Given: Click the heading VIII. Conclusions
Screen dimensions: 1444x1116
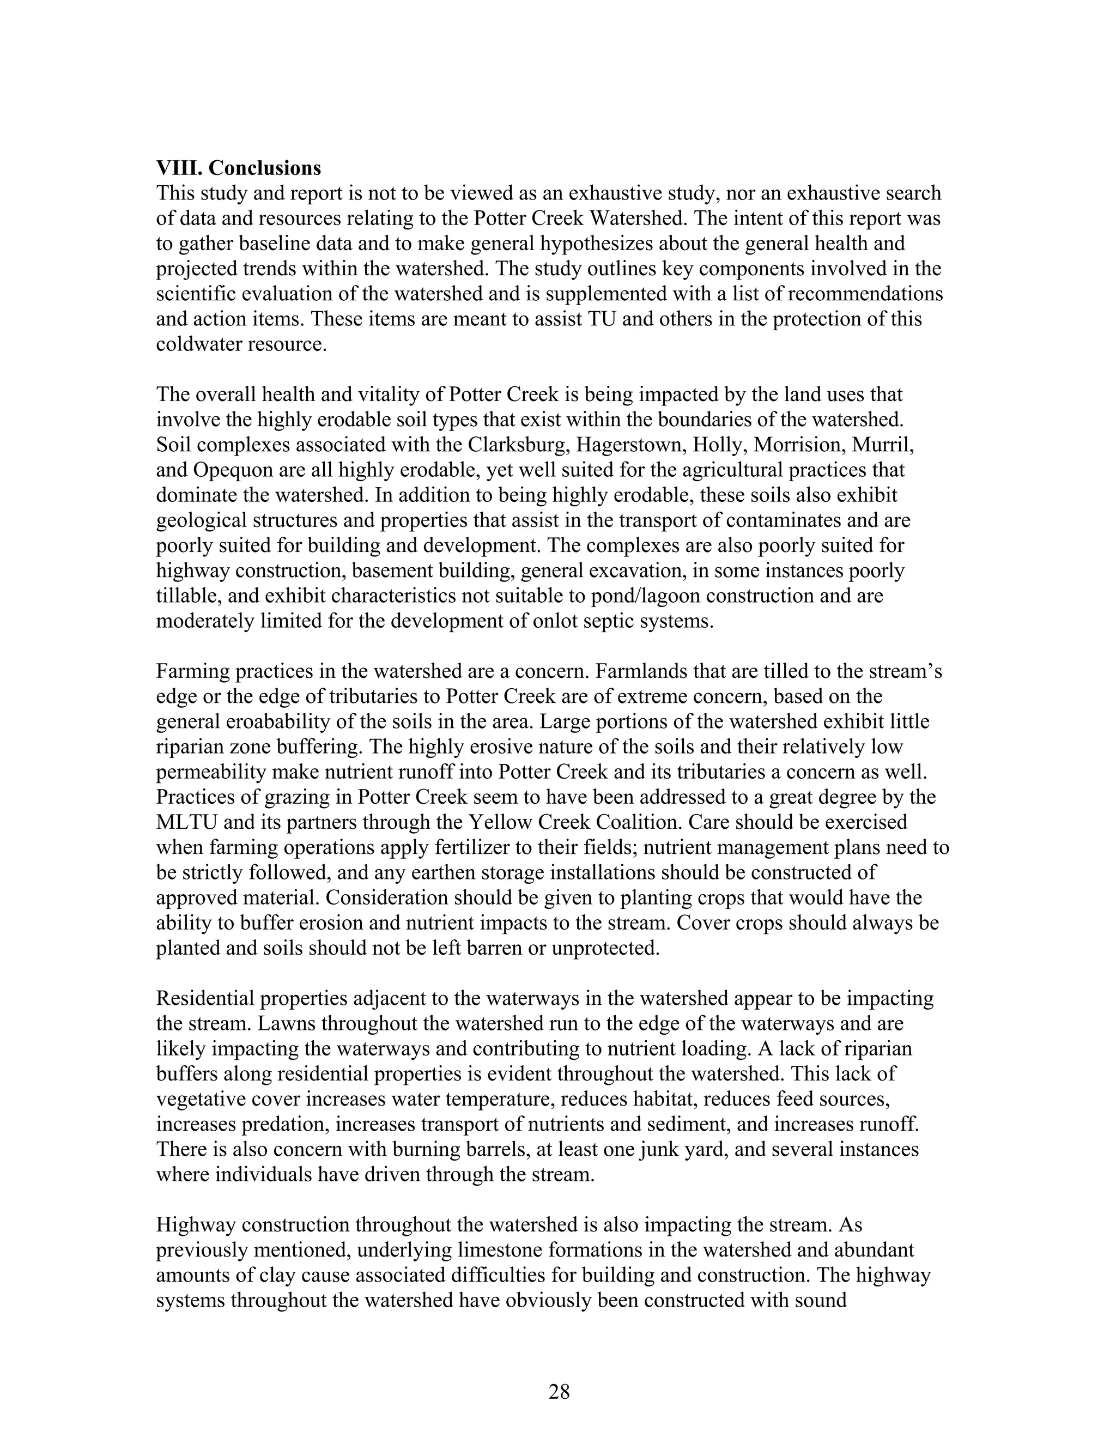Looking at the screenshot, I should pyautogui.click(x=238, y=168).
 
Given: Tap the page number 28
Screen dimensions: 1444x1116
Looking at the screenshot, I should pyautogui.click(x=559, y=1392).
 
